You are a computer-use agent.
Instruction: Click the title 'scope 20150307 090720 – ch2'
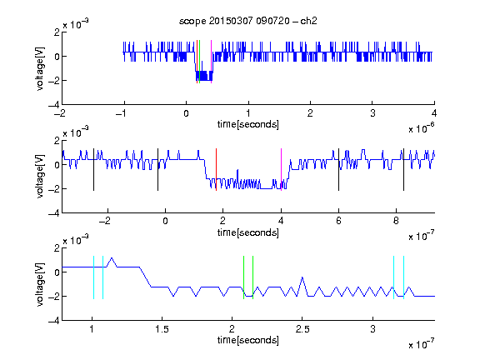(x=248, y=21)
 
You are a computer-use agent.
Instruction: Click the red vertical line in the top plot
(x=197, y=62)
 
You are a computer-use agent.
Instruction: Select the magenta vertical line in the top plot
(x=211, y=62)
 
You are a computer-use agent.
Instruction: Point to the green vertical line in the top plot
(x=200, y=62)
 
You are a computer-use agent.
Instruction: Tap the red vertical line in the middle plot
(x=216, y=170)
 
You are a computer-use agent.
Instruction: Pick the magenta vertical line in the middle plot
(x=282, y=170)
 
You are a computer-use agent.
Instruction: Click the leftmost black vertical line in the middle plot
(x=93, y=170)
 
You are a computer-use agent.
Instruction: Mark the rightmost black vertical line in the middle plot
(x=403, y=170)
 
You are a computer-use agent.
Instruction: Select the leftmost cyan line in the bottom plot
(x=93, y=277)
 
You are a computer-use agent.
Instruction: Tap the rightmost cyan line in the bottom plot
(x=404, y=277)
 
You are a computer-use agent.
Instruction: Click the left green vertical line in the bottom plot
(x=243, y=277)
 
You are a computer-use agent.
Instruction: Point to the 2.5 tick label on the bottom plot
(x=302, y=329)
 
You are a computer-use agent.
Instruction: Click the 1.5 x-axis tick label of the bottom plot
(x=162, y=329)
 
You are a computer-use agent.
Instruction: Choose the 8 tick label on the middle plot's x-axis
(x=396, y=221)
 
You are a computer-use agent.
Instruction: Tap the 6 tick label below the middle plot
(x=338, y=221)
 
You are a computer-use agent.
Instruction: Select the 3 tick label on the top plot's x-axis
(x=372, y=113)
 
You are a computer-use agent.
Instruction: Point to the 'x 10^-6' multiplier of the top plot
(x=422, y=128)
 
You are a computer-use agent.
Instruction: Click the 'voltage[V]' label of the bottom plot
(x=40, y=284)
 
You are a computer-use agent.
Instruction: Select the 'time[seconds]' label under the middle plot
(x=248, y=232)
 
